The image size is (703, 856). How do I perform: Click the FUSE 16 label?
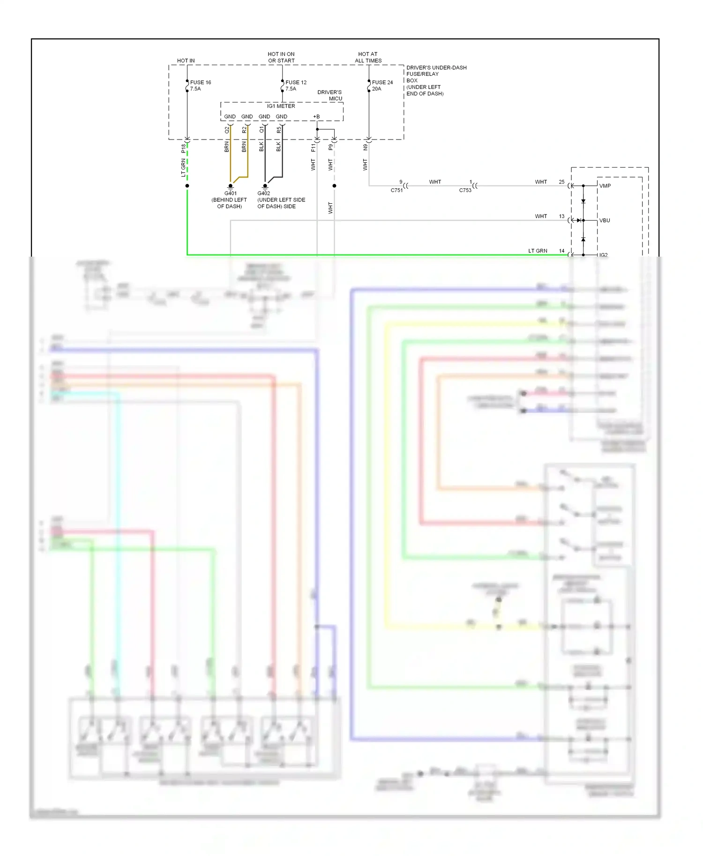click(201, 82)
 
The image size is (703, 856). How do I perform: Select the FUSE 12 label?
click(296, 82)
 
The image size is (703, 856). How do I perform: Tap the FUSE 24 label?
click(382, 82)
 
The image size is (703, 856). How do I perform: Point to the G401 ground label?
click(230, 193)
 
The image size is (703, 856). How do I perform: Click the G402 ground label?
click(264, 193)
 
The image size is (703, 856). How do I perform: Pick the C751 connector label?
click(396, 191)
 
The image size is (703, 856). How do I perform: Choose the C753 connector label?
click(465, 191)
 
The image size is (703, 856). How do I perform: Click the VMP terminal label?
click(605, 186)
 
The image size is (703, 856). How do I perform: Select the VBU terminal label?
click(605, 221)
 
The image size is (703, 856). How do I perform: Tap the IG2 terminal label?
click(604, 255)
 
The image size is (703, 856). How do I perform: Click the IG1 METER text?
click(281, 106)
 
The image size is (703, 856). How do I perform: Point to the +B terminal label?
click(316, 117)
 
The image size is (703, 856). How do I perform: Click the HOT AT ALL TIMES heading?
click(368, 58)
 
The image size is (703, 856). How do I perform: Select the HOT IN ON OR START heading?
click(281, 58)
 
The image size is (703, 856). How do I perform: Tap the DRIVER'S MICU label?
click(330, 95)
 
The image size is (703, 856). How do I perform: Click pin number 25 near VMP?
click(561, 182)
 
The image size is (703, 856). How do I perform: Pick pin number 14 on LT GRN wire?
click(561, 251)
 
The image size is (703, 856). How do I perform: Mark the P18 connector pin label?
click(183, 148)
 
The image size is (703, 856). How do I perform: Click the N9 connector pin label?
click(365, 148)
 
